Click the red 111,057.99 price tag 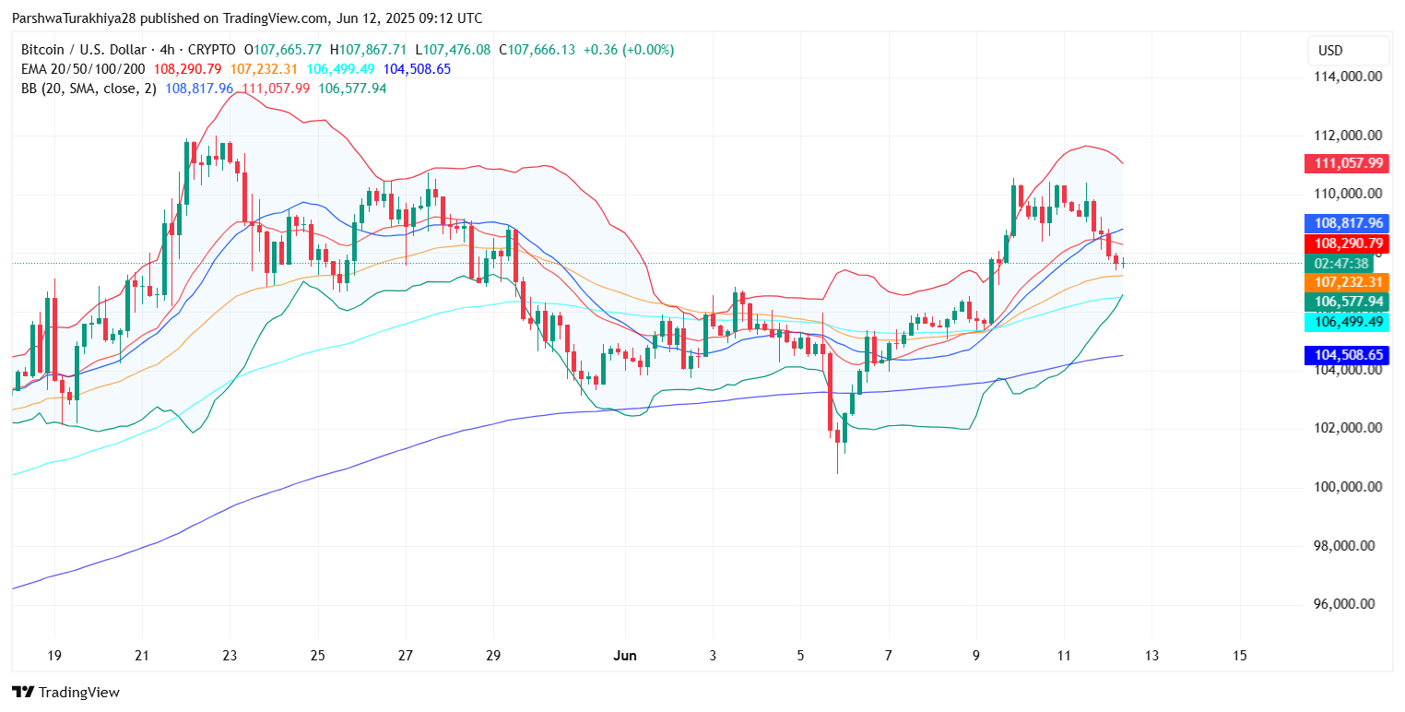(x=1347, y=163)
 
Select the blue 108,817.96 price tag (x=1347, y=223)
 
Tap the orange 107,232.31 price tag (x=1347, y=282)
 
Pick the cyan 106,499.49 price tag (x=1347, y=321)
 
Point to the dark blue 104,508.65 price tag (x=1347, y=355)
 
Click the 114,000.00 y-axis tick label (x=1347, y=77)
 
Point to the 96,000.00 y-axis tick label (x=1347, y=604)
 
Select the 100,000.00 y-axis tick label (x=1347, y=487)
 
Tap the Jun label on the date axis (x=624, y=656)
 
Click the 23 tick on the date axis (x=230, y=656)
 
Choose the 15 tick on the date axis (x=1239, y=656)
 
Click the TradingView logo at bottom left (x=65, y=692)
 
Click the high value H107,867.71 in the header (x=372, y=50)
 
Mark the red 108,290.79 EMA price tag (x=1347, y=243)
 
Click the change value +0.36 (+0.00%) (x=628, y=50)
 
